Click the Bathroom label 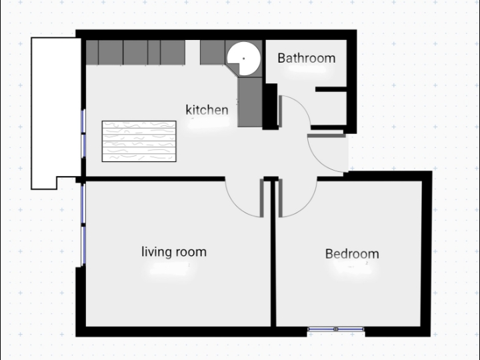(x=307, y=58)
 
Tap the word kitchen (x=207, y=109)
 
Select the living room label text (x=174, y=252)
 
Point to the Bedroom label (x=352, y=254)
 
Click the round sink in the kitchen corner (x=244, y=59)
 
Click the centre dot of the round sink (x=244, y=58)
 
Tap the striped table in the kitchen (x=139, y=141)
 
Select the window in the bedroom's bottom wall (x=336, y=329)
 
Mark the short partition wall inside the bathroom (x=331, y=89)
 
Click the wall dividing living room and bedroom (x=273, y=254)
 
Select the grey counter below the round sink (x=250, y=102)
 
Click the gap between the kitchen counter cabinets (x=193, y=53)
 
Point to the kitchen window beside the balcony (x=83, y=134)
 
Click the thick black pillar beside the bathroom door (x=270, y=107)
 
